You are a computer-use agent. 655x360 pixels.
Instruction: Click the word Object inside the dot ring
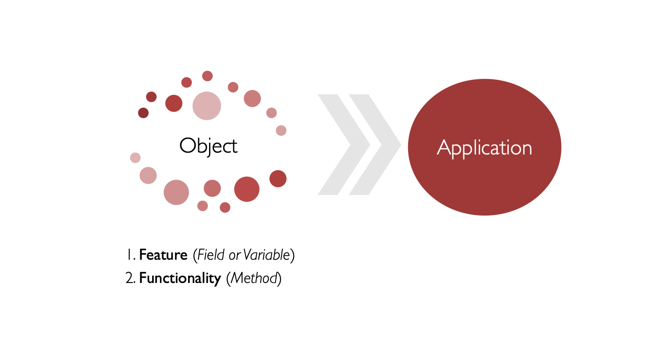tap(208, 146)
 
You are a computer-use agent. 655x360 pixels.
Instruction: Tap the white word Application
tap(485, 148)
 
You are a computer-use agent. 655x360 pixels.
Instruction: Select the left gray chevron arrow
tap(344, 144)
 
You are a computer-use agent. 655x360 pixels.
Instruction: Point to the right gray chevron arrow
tap(375, 144)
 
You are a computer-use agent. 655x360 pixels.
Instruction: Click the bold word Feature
tap(163, 255)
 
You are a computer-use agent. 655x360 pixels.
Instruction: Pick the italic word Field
tap(211, 255)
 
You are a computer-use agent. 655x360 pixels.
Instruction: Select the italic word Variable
tap(266, 255)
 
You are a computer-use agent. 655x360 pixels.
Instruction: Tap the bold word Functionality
tap(180, 278)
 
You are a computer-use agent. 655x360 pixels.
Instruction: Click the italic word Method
tap(254, 278)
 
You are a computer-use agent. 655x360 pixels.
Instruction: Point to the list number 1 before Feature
tap(130, 255)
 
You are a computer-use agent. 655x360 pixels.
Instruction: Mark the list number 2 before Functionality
tap(130, 278)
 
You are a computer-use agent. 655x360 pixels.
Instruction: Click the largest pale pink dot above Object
tap(207, 106)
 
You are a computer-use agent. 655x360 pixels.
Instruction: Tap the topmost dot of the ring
tap(207, 76)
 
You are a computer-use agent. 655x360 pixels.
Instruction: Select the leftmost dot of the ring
tap(135, 158)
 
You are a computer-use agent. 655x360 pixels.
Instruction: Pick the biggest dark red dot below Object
tap(247, 189)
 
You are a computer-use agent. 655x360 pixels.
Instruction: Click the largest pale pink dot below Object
tap(176, 192)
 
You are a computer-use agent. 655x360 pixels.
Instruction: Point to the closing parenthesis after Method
tap(280, 278)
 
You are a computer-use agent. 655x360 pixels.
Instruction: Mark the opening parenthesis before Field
tap(195, 255)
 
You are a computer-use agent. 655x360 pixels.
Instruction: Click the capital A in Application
tap(444, 147)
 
